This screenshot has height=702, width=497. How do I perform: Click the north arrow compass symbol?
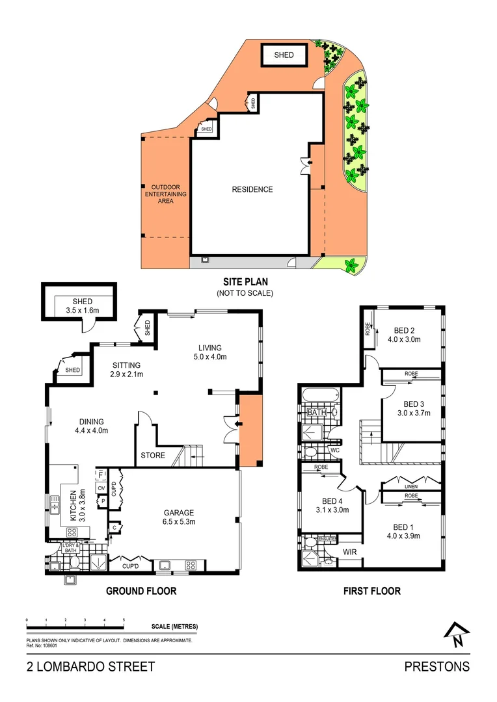click(457, 634)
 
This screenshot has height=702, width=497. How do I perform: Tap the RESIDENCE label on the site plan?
click(252, 190)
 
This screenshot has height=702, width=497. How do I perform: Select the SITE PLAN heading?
click(245, 282)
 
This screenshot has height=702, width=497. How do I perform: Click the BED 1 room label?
click(403, 531)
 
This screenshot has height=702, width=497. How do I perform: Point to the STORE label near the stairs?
click(153, 456)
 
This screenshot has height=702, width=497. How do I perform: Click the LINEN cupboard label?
click(410, 486)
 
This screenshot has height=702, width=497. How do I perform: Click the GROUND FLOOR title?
click(141, 591)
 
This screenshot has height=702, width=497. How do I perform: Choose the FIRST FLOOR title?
click(371, 591)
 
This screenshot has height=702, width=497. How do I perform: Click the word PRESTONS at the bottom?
click(437, 666)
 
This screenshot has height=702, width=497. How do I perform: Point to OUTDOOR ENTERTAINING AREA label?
click(165, 194)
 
